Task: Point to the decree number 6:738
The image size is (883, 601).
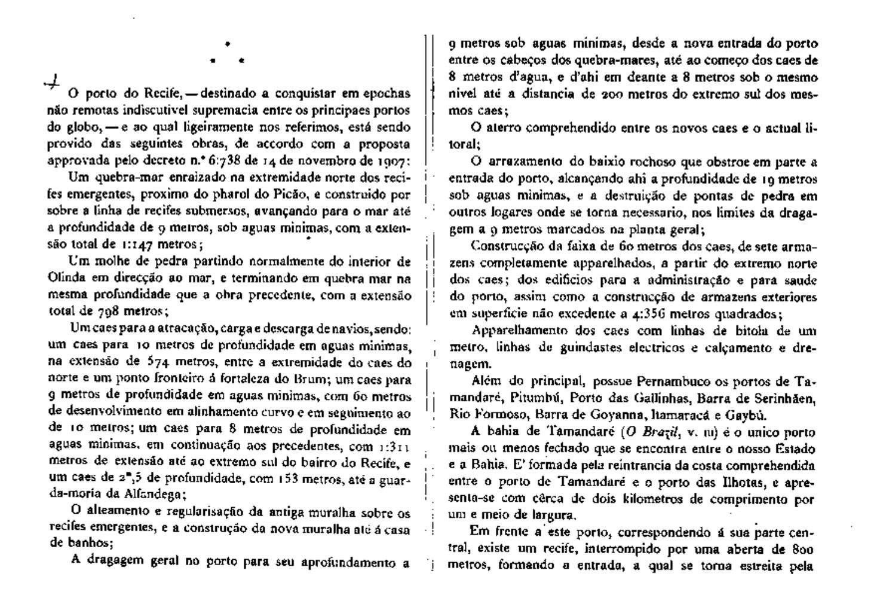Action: [x=241, y=161]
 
